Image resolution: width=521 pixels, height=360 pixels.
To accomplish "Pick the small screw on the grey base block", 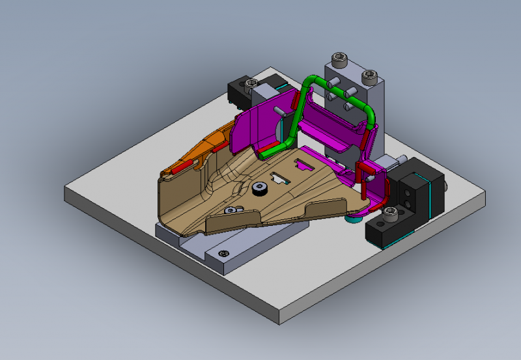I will tap(224, 253).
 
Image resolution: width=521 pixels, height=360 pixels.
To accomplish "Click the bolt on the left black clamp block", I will tap(250, 83).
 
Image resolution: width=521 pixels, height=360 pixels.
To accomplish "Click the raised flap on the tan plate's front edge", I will tap(326, 208).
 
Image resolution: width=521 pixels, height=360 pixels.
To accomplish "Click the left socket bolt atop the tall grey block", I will tap(338, 60).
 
